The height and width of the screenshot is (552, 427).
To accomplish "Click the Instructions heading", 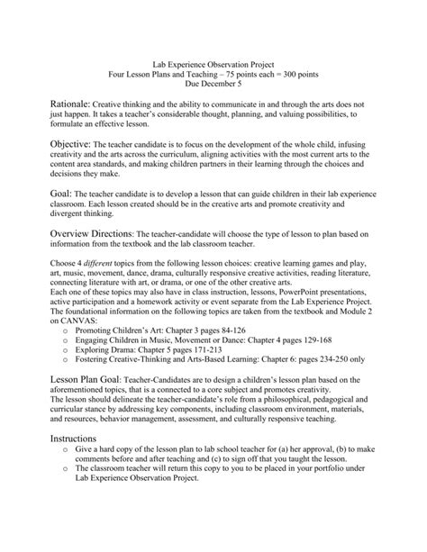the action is click(77, 461).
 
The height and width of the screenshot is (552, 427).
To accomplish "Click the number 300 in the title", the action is click(280, 77).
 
